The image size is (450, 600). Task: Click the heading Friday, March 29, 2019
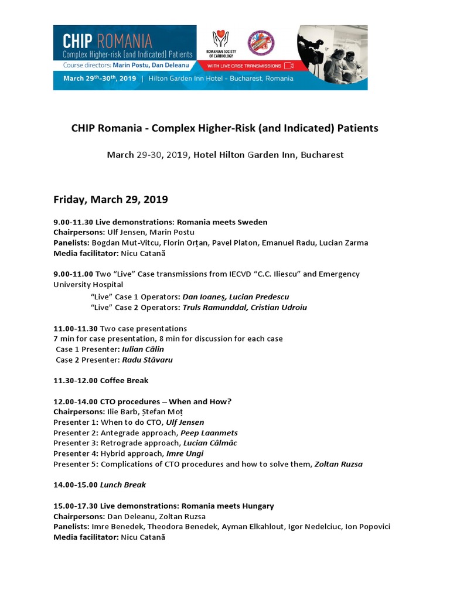(x=110, y=200)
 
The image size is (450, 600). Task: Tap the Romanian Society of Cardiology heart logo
(x=220, y=39)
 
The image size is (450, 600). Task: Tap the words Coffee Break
(x=124, y=380)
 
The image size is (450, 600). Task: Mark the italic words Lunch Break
(x=123, y=485)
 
